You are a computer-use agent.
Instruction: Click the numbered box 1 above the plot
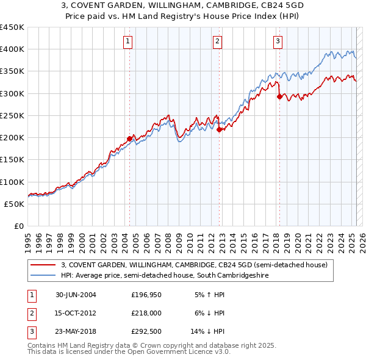[128, 41]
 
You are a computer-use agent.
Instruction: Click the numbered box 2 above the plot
[218, 41]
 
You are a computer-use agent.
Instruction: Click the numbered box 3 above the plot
[278, 41]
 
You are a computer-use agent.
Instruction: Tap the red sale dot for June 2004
[129, 139]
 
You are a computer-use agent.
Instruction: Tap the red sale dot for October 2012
[219, 129]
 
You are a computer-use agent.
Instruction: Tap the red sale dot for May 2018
[279, 96]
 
